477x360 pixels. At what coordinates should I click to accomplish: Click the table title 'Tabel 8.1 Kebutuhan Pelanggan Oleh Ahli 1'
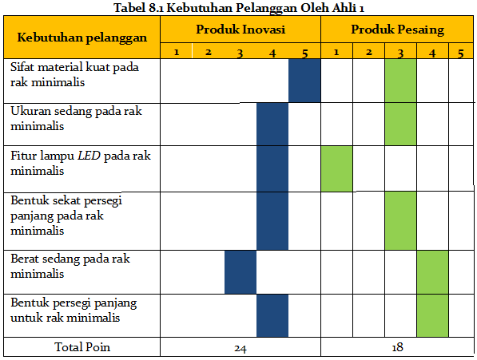tap(238, 9)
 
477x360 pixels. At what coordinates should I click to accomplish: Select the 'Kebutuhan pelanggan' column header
tap(81, 38)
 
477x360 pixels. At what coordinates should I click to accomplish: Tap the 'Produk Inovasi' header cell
tap(240, 30)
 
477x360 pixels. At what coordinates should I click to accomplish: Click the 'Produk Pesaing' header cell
tap(397, 30)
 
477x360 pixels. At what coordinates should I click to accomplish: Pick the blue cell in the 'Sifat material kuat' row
tap(304, 81)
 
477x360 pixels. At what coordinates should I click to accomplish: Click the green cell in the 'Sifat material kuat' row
tap(400, 81)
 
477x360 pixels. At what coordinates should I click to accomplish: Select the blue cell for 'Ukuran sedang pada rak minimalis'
tap(272, 125)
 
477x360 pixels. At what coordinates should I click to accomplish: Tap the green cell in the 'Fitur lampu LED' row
tap(336, 169)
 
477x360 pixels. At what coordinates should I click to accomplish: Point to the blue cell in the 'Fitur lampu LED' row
tap(272, 169)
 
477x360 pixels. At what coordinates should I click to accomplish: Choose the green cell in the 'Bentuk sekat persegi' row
tap(400, 220)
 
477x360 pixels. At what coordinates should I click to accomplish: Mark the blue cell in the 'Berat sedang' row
tap(240, 272)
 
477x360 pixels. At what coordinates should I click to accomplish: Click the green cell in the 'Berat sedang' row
tap(432, 272)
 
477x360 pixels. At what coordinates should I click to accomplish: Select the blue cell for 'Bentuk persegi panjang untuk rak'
tap(272, 315)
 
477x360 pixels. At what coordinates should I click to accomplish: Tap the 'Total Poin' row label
tap(81, 347)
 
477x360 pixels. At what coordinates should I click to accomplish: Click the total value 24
tap(240, 348)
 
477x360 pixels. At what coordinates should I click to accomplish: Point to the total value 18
tap(397, 348)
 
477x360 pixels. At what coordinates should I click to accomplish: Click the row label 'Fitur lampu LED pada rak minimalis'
tap(80, 163)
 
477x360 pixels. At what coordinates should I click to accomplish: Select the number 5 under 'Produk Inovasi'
tap(304, 53)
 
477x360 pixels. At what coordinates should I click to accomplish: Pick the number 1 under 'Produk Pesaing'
tap(336, 53)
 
